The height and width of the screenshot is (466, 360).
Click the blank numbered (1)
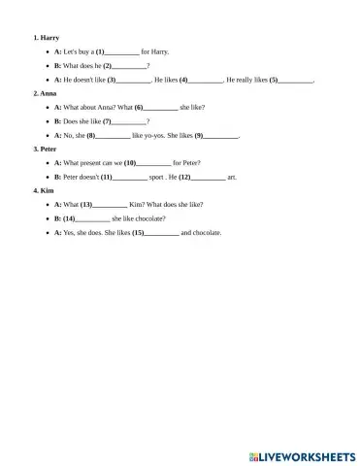point(122,50)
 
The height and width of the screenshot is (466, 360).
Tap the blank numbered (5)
point(296,79)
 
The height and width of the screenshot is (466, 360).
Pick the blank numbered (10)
point(155,163)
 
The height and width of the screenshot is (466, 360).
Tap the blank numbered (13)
point(111,205)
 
